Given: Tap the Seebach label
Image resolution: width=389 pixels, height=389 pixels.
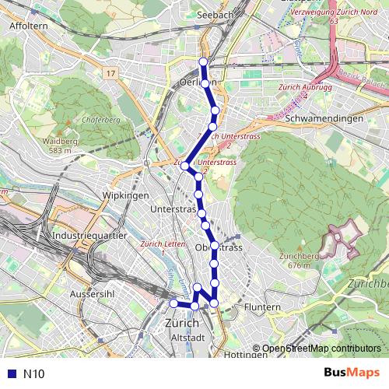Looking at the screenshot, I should pyautogui.click(x=216, y=15).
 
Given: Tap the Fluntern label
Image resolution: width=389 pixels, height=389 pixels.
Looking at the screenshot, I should pyautogui.click(x=261, y=308).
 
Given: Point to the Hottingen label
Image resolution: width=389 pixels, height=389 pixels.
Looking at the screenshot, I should pyautogui.click(x=244, y=355).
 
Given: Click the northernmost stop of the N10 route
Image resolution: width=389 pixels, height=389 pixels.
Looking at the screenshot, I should pyautogui.click(x=204, y=62).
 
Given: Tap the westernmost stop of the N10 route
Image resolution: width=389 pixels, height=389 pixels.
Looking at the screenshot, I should pyautogui.click(x=173, y=303).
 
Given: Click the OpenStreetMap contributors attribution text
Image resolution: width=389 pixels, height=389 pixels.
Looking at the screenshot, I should pyautogui.click(x=321, y=349).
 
